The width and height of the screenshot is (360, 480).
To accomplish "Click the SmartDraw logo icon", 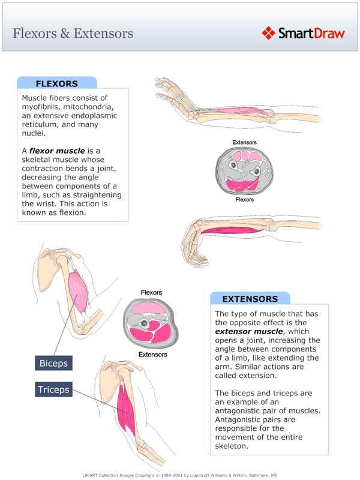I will click(268, 32).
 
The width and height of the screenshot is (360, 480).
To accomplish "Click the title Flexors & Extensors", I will click(73, 33).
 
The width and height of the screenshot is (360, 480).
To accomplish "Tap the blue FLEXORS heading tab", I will click(57, 83).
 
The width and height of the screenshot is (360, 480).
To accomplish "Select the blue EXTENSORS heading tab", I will click(250, 298).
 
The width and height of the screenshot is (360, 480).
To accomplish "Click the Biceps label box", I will click(53, 364).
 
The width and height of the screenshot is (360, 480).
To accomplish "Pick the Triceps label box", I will click(53, 389).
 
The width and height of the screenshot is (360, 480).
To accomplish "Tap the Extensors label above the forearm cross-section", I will click(244, 143).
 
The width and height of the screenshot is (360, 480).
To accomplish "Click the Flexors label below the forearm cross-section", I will click(244, 199).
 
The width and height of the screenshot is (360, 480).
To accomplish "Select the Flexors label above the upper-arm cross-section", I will click(151, 293).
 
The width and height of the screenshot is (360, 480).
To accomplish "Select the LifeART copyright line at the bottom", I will click(180, 474).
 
